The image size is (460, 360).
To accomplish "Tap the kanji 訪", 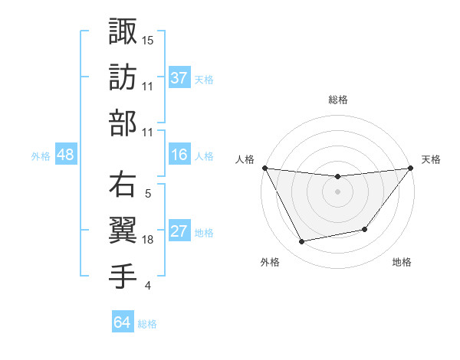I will [x=123, y=77].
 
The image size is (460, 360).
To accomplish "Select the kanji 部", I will [x=123, y=123].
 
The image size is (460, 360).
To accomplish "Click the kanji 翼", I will [x=123, y=231].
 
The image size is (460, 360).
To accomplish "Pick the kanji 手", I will [x=123, y=277].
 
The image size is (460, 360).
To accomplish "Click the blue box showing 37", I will [x=179, y=78].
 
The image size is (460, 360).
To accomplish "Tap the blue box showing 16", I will [x=179, y=155].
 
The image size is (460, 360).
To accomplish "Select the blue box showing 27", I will [x=179, y=232].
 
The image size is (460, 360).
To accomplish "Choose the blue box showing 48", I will [x=65, y=155].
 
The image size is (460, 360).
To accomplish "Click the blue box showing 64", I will [x=123, y=322].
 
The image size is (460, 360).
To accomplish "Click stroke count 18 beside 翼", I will [x=148, y=240].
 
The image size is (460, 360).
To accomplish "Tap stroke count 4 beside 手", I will [x=147, y=286].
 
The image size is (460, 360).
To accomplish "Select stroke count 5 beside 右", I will [x=147, y=194].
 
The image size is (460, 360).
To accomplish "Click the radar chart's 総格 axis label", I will [x=337, y=100].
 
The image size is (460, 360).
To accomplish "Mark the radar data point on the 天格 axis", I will [x=410, y=169].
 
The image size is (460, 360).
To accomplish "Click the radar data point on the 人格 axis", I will [x=264, y=168].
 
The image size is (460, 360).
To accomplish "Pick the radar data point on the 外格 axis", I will [x=302, y=242].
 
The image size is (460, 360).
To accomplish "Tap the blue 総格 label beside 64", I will [x=147, y=323].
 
